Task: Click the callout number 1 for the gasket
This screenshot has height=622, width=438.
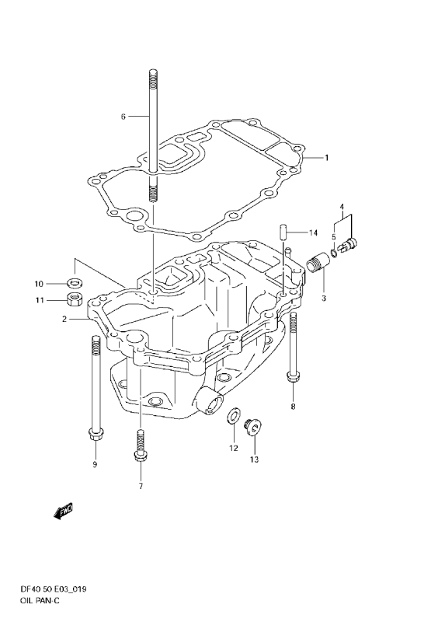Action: pyautogui.click(x=327, y=158)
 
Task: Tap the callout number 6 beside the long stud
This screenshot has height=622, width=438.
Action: pyautogui.click(x=123, y=117)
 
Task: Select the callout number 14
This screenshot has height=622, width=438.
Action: pyautogui.click(x=313, y=232)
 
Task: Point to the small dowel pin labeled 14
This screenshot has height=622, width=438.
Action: pyautogui.click(x=283, y=232)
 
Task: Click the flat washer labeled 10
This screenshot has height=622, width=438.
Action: pyautogui.click(x=74, y=283)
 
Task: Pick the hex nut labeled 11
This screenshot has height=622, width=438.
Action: pyautogui.click(x=72, y=299)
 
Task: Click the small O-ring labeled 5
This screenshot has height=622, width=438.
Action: pyautogui.click(x=334, y=251)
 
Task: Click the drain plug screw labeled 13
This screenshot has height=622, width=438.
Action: pyautogui.click(x=252, y=428)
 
